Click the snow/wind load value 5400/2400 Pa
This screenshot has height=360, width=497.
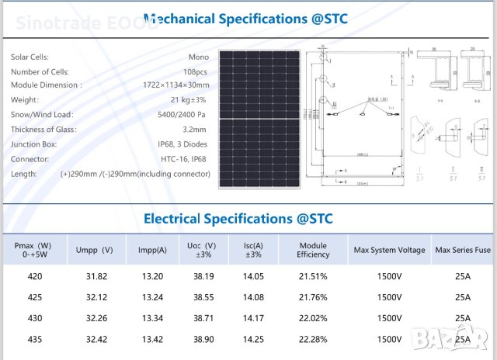tap(182, 115)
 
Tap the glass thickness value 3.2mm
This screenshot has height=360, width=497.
tap(195, 130)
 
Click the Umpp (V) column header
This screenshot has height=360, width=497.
tap(94, 250)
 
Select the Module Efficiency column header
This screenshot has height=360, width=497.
tap(313, 250)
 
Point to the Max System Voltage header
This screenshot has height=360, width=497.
tap(389, 250)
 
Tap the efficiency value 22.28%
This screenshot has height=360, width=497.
tap(313, 340)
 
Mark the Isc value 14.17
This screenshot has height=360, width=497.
tap(253, 318)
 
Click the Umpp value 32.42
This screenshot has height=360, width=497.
tap(94, 340)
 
